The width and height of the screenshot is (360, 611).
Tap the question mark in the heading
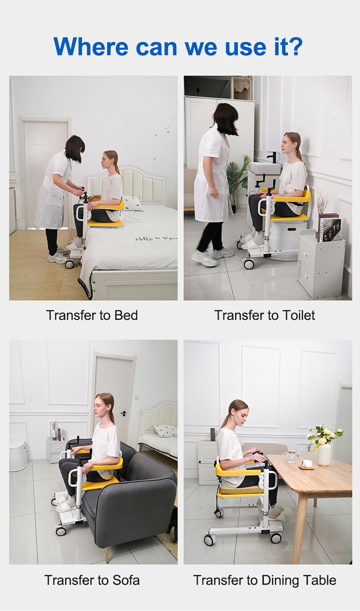295,46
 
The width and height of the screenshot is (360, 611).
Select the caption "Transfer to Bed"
92,315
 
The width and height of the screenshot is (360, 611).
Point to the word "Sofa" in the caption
126,580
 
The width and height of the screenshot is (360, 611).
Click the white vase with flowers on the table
324,455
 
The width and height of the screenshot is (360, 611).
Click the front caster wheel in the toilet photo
249,263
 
